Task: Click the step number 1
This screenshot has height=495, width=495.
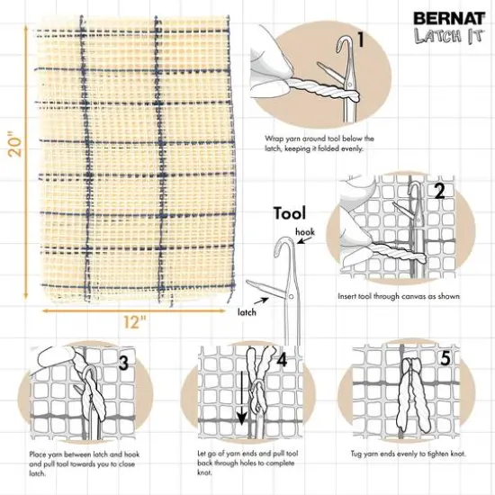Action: pyautogui.click(x=360, y=40)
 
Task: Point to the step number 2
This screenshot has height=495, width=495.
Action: pyautogui.click(x=439, y=190)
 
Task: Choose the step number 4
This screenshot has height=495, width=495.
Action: pyautogui.click(x=282, y=360)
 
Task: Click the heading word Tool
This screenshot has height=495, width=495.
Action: pyautogui.click(x=290, y=213)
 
